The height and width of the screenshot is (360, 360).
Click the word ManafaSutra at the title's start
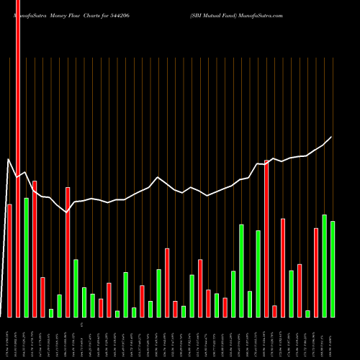27,14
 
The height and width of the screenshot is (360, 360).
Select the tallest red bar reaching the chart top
18,158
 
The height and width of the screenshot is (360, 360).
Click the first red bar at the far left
9,261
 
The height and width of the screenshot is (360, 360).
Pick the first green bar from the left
27,257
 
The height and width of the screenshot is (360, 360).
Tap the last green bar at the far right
333,269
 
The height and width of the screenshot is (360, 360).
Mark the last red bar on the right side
316,272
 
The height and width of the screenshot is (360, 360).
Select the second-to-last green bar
324,266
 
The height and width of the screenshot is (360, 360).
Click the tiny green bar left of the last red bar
307,313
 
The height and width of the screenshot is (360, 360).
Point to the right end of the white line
332,137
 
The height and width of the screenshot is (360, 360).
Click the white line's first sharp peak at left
9,159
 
